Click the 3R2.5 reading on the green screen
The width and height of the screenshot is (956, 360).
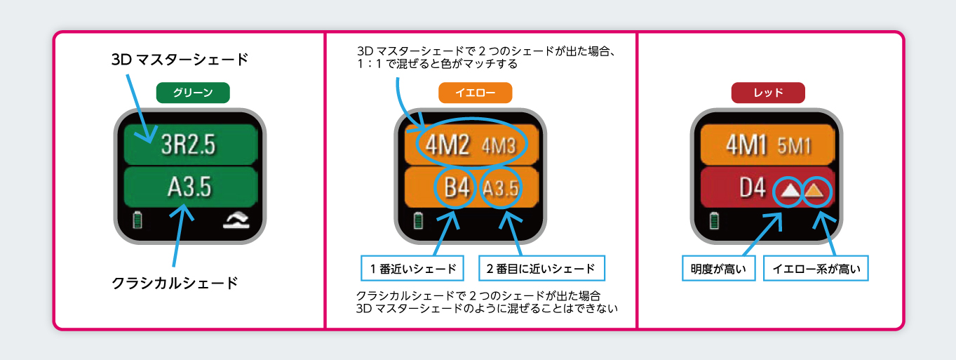(189, 145)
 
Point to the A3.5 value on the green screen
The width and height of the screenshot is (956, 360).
(189, 187)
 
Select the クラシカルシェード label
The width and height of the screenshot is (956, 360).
(175, 284)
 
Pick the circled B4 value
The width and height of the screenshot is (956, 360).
(457, 189)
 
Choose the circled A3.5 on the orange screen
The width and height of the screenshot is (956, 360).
(501, 189)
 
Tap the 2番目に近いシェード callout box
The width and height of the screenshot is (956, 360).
(541, 268)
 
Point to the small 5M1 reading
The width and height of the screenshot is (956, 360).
(795, 146)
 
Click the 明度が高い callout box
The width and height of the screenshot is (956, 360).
(719, 269)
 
